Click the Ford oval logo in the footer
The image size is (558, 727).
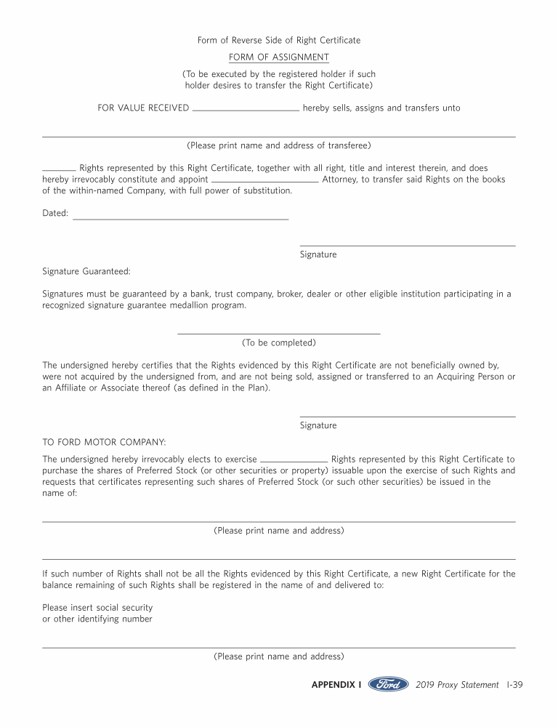click(388, 684)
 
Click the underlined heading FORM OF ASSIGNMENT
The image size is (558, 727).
click(279, 57)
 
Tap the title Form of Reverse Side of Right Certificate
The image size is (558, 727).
click(279, 40)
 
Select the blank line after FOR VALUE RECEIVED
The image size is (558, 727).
click(246, 110)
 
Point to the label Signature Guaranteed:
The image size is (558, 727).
click(86, 271)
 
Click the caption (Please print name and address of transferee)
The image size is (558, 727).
click(279, 145)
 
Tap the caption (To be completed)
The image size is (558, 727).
click(279, 342)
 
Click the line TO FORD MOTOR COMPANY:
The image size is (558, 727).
click(104, 442)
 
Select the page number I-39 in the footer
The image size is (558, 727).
click(514, 685)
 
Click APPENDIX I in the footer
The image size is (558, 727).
click(336, 685)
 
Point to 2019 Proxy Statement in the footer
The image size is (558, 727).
click(458, 685)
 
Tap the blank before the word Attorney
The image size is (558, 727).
click(264, 180)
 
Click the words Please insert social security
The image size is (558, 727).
click(97, 607)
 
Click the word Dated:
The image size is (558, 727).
click(55, 213)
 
